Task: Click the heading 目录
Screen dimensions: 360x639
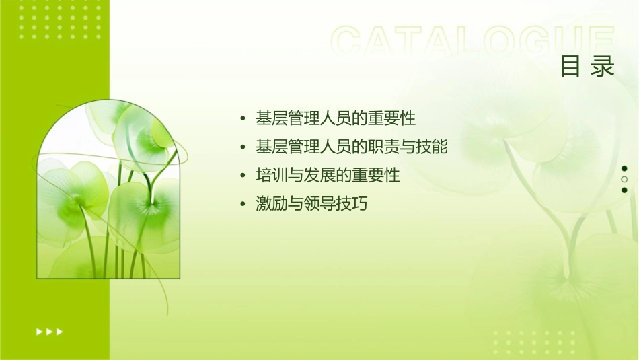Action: [587, 67]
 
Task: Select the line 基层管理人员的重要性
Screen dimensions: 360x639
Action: [336, 118]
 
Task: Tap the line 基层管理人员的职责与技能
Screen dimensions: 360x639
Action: [352, 147]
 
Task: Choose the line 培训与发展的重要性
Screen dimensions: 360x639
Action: [328, 176]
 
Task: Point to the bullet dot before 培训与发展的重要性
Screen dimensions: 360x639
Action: [243, 176]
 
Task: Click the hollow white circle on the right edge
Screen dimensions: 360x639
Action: [624, 179]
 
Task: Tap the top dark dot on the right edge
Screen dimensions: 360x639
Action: [624, 168]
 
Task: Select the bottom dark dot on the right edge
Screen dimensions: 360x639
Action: [624, 190]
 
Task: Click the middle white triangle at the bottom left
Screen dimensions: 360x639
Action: [50, 331]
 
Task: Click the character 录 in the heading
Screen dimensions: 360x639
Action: [603, 67]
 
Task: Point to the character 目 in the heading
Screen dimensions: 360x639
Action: [571, 67]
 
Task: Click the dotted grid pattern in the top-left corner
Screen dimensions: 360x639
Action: [60, 21]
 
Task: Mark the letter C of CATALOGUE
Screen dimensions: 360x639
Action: [350, 42]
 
